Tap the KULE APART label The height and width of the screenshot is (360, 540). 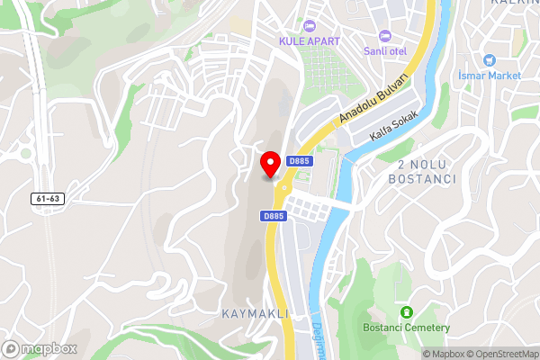click(310, 40)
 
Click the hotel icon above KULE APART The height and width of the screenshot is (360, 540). click(310, 25)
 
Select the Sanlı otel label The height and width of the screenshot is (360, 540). click(385, 50)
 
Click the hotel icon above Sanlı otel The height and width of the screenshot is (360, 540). click(385, 35)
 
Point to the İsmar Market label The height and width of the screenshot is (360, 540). click(490, 76)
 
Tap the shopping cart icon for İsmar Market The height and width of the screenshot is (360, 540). click(490, 60)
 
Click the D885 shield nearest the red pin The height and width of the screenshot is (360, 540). click(300, 161)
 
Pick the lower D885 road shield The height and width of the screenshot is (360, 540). click(274, 216)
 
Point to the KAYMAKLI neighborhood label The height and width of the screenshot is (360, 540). click(256, 313)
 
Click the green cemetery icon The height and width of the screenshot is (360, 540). click(406, 311)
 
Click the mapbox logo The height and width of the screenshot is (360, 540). click(40, 347)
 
